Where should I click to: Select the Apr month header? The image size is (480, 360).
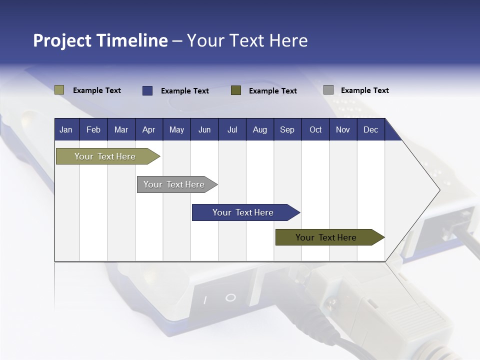pos(149,129)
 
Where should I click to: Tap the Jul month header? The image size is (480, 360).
pos(232,129)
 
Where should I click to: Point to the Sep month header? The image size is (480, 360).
pos(287,129)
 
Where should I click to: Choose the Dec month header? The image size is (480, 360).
pos(370,129)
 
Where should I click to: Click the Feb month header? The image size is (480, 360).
pos(93,129)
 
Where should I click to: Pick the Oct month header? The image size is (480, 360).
pos(315,129)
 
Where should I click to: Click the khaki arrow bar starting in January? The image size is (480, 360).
pos(108,156)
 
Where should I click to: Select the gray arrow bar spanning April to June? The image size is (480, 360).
pos(177,184)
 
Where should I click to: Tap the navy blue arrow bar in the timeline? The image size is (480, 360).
pos(246,212)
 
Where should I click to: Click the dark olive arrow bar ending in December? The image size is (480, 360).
pos(330,237)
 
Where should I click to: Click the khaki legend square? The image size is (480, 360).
pos(59,90)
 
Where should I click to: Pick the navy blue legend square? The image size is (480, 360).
pos(147,90)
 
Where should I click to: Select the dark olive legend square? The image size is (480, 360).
pos(236,90)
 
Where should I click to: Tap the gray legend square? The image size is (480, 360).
pos(328,89)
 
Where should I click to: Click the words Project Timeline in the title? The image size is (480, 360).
pos(100,40)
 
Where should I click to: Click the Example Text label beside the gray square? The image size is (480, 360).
pos(365,90)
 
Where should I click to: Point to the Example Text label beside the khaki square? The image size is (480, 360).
pos(96,90)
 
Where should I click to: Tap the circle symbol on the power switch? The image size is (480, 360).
pos(230,297)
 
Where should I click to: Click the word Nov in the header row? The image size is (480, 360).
pos(343,130)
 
